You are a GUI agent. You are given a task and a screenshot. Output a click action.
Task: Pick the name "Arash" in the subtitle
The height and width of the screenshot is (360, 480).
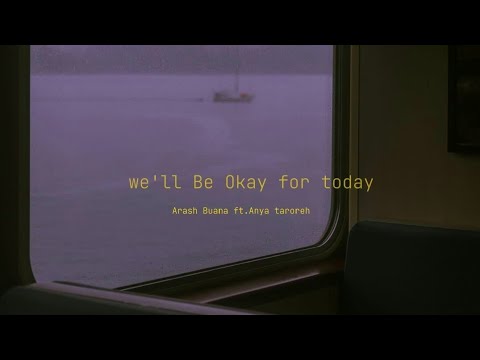(186, 211)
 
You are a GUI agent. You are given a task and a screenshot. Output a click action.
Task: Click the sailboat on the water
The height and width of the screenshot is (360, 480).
(233, 92)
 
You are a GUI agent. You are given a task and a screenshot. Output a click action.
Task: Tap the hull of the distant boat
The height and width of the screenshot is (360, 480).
(233, 97)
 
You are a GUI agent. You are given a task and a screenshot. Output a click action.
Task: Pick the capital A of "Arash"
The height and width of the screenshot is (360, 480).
(174, 211)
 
